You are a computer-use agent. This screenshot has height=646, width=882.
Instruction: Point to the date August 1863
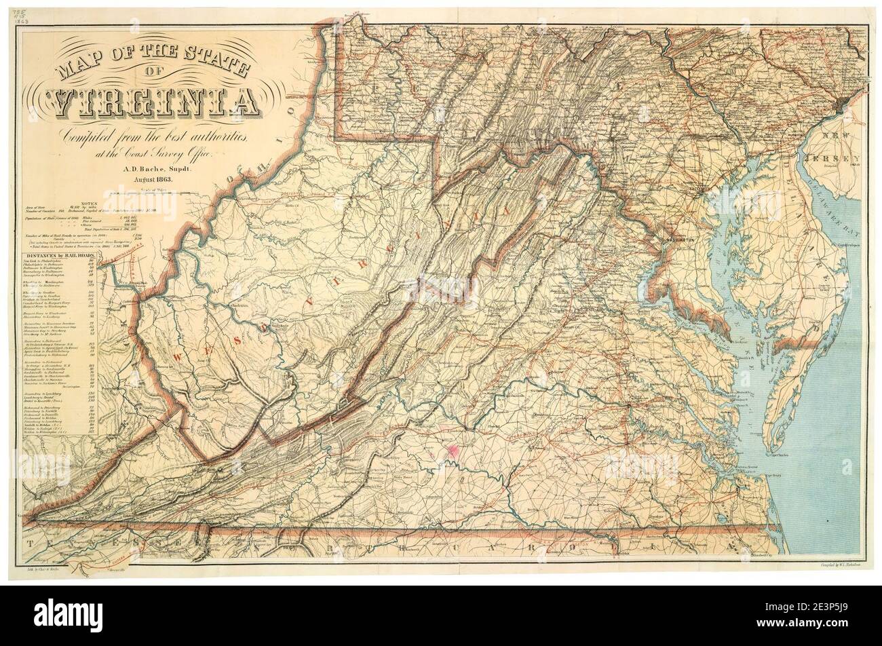point(155,179)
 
